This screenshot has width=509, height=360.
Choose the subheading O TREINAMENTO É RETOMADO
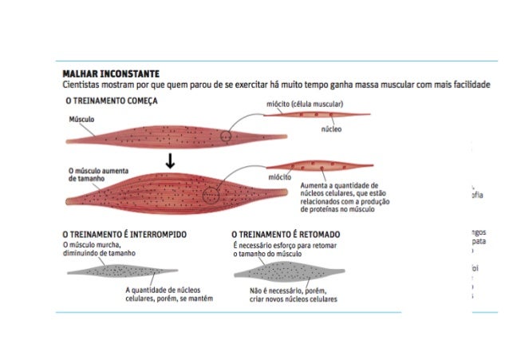click(286, 234)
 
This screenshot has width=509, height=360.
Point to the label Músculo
click(81, 118)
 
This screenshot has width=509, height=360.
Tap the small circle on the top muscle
click(226, 136)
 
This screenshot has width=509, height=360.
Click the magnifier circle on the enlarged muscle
click(211, 194)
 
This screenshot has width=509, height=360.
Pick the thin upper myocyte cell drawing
click(316, 115)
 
